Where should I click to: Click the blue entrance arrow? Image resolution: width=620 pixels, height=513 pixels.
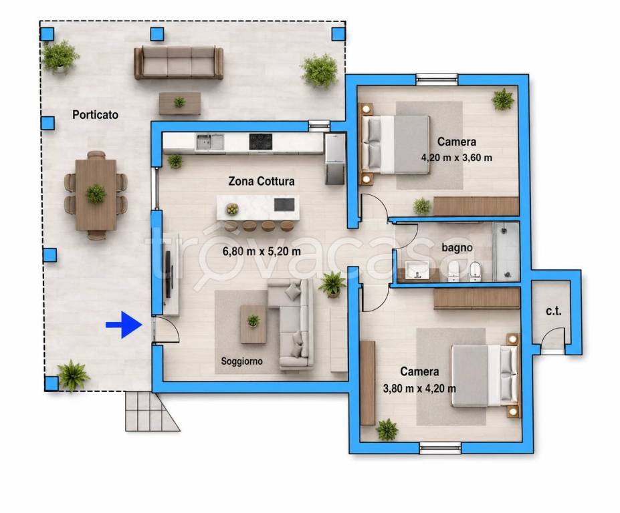tap(124, 325)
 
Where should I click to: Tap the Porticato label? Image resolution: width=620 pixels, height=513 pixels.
tap(95, 115)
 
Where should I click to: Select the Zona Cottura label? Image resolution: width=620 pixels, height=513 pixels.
tap(262, 181)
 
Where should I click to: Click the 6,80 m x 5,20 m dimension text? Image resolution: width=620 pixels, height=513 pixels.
tap(262, 251)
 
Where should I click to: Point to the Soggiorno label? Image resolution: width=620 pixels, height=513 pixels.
tap(241, 361)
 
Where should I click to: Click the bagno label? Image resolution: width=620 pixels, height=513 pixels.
tap(457, 248)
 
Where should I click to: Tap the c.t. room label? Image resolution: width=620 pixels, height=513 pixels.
tap(553, 311)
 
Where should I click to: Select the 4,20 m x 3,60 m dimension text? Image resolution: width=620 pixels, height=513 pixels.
tap(457, 158)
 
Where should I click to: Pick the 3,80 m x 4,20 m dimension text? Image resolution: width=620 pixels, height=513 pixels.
tap(419, 389)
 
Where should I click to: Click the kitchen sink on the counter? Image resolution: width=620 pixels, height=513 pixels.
tap(210, 142)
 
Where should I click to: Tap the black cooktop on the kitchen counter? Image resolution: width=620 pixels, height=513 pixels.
tap(261, 142)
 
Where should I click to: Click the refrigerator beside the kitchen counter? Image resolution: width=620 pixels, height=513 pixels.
tap(335, 159)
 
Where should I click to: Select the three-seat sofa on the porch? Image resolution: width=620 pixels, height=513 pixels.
tap(179, 63)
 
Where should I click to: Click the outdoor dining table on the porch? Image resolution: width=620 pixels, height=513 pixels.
tap(96, 194)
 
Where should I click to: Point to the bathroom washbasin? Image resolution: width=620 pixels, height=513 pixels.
tap(417, 271)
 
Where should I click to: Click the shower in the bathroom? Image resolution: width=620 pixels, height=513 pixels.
tap(506, 251)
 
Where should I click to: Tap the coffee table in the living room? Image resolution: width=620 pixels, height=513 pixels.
tap(253, 324)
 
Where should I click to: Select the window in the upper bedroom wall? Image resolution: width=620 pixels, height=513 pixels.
tap(437, 79)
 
